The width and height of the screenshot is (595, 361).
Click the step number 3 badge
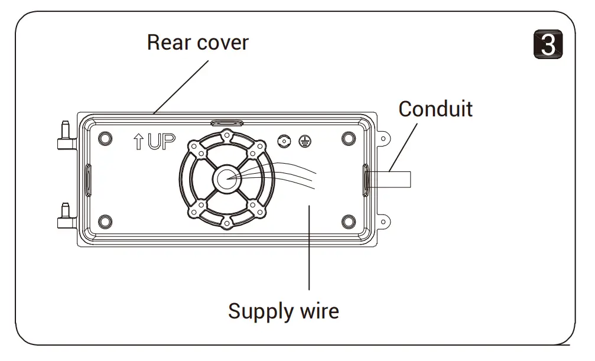click(548, 44)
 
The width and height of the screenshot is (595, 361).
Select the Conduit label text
click(435, 109)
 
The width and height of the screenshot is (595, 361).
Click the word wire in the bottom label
click(320, 311)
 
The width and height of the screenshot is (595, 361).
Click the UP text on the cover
click(161, 142)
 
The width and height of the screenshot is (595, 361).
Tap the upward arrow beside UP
click(138, 142)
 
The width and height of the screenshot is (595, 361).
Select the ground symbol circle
click(305, 141)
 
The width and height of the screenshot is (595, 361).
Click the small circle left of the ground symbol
click(284, 141)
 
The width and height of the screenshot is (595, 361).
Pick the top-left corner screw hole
click(105, 138)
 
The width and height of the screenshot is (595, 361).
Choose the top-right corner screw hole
click(349, 139)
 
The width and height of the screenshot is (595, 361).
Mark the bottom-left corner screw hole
click(105, 222)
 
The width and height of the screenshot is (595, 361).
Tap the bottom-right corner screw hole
click(349, 222)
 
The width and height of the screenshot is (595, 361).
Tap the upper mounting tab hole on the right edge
click(383, 139)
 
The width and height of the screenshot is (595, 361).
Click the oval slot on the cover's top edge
click(226, 123)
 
